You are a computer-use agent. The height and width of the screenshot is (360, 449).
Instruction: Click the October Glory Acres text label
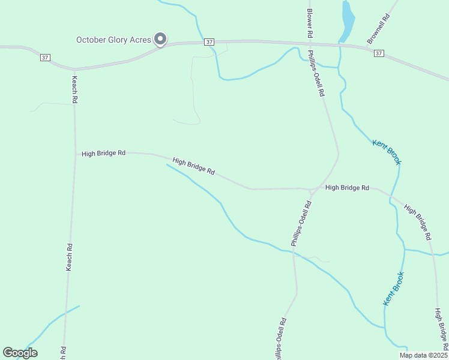pos(113,40)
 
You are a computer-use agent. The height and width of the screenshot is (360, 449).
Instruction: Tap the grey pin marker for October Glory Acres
pos(160,39)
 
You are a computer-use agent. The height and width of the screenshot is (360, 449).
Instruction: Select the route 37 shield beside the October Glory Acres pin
pos(208,41)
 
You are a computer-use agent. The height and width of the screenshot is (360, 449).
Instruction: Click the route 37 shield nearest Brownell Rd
pos(378,53)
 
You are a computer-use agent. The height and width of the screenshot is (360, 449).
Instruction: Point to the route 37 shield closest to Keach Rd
pos(46,57)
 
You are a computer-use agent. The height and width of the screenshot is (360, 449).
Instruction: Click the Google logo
pos(20,353)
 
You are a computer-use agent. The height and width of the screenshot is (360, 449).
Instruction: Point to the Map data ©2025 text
pos(423,355)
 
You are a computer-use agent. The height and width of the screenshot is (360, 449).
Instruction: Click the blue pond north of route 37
pos(347,21)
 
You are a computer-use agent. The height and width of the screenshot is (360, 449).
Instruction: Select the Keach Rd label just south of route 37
pos(75,88)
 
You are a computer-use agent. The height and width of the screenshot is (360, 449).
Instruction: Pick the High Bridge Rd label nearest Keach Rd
pos(103,154)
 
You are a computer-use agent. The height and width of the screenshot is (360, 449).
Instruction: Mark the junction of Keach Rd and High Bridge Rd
pos(75,153)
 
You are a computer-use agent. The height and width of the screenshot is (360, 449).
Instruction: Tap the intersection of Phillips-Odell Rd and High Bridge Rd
pos(312,191)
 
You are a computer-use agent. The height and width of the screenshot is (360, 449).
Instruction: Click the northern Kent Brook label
pos(387,152)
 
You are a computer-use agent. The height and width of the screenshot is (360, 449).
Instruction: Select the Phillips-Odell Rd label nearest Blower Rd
pos(316,74)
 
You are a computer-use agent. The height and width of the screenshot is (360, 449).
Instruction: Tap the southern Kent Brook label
pos(394,289)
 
